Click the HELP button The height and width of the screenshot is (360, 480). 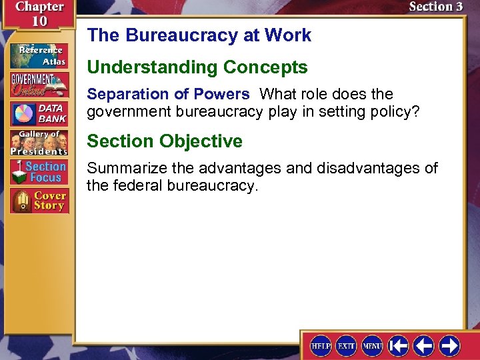click(x=321, y=346)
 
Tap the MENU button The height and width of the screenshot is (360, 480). click(x=372, y=346)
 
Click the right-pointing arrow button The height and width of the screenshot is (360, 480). click(x=449, y=346)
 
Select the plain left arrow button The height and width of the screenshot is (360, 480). click(x=424, y=346)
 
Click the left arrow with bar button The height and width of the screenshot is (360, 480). click(x=399, y=346)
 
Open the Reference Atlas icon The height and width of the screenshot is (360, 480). click(x=39, y=55)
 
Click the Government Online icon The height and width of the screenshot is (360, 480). click(x=39, y=84)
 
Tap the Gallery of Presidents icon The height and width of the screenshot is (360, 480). click(x=39, y=143)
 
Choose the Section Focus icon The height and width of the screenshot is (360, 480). click(x=39, y=172)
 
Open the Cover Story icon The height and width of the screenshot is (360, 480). click(x=39, y=201)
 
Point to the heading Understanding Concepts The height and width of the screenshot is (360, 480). click(x=197, y=67)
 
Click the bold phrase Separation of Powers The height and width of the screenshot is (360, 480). click(x=168, y=94)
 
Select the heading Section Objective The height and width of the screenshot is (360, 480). click(x=165, y=141)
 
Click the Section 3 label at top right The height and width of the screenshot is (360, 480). click(x=435, y=7)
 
